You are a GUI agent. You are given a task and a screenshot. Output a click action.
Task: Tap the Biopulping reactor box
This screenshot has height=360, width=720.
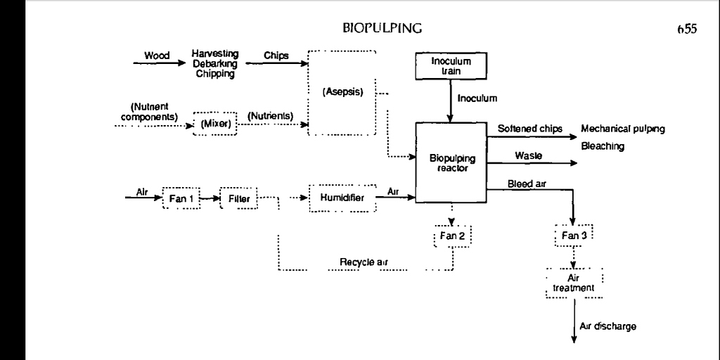[x=452, y=163]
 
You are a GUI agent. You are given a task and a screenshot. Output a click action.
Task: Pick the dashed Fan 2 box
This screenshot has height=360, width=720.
[x=452, y=236]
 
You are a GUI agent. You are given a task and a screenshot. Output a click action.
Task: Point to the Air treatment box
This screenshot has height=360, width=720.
[x=574, y=283]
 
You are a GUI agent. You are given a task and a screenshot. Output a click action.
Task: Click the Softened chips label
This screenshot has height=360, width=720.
[x=529, y=129]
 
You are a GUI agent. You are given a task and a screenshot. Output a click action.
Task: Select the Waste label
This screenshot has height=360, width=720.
[x=528, y=155]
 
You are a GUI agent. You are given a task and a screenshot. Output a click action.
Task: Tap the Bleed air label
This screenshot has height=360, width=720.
[x=527, y=184]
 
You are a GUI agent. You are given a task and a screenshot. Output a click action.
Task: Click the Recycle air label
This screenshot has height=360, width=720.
[x=364, y=262]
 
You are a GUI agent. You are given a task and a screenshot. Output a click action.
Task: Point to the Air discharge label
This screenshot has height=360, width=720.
[x=609, y=326]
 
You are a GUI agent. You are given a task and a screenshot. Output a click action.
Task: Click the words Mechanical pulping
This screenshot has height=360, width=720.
[x=623, y=129]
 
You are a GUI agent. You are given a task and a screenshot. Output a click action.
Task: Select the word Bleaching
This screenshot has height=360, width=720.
[x=603, y=147]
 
